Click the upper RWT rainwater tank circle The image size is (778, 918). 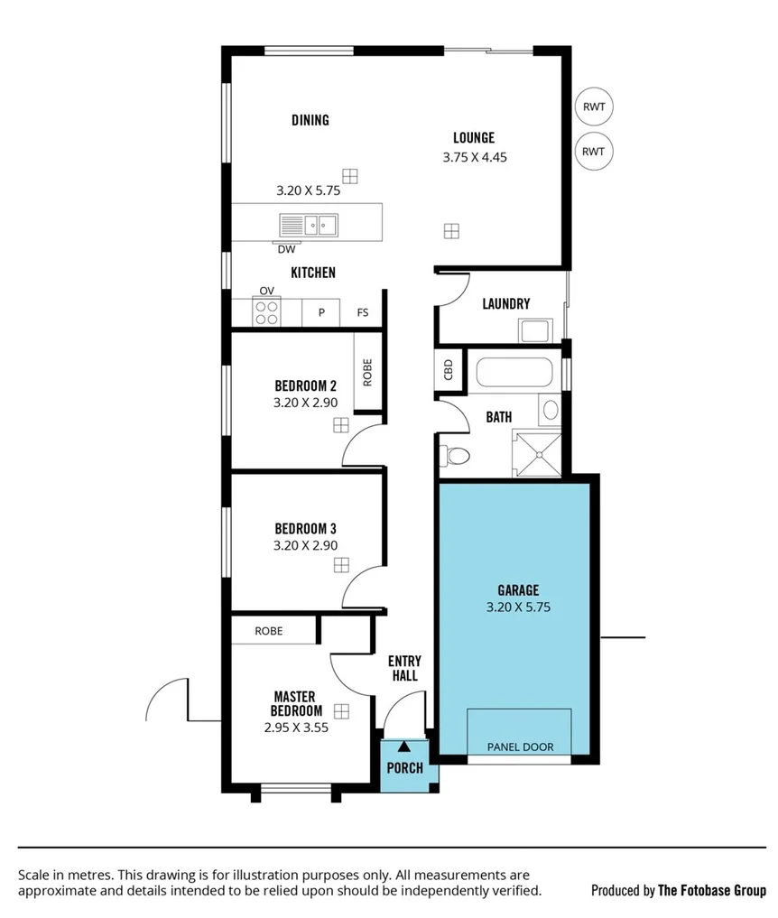pos(593,107)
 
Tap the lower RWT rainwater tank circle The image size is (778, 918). pos(593,151)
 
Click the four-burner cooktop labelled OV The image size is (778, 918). pos(266,312)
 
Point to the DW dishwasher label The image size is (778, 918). pos(286,249)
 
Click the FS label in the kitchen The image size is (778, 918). pos(363,313)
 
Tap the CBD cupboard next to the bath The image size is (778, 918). pos(449,371)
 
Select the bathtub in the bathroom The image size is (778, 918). pos(514,372)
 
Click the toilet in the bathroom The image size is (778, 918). pos(454,454)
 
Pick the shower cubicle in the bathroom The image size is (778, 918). pos(536,453)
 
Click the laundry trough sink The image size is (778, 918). pos(535,330)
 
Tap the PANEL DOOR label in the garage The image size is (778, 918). pos(520,746)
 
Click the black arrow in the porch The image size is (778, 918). pos(404,746)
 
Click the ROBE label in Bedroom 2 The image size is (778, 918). pos(367,373)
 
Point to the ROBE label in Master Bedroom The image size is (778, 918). pos(268,631)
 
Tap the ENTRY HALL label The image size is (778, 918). pos(403,668)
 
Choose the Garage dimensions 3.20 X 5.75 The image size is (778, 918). pos(517,607)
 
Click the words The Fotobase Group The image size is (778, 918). pos(711,890)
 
